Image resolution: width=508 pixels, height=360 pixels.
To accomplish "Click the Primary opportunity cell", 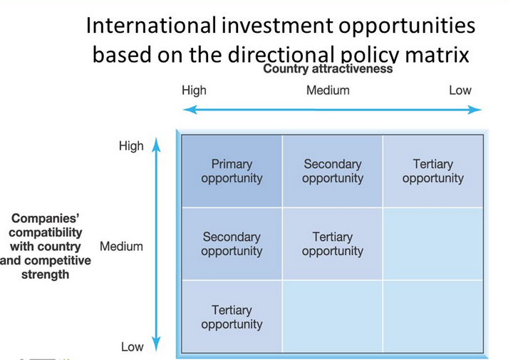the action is (x=232, y=171).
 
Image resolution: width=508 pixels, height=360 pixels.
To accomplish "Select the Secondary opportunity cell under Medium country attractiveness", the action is (x=333, y=171).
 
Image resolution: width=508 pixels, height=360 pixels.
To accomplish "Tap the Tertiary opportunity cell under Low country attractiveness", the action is (x=433, y=171).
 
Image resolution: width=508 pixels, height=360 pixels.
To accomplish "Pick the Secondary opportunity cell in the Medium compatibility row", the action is (x=232, y=244).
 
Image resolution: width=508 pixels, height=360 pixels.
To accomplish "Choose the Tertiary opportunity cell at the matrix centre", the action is (x=333, y=244).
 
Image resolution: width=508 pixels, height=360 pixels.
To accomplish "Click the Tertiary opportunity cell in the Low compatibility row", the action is (x=232, y=317).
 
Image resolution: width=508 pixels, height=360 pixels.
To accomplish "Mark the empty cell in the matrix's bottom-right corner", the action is (x=433, y=317).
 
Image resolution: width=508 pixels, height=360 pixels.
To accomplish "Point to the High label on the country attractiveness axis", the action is (x=194, y=91).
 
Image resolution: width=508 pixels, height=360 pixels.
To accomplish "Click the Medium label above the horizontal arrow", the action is (x=328, y=91).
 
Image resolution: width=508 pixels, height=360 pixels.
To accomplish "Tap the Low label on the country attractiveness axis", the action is (x=460, y=91).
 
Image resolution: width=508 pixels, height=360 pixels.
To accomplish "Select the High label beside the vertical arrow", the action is (x=131, y=146).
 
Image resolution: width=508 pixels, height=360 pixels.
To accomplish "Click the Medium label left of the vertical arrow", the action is (x=121, y=247).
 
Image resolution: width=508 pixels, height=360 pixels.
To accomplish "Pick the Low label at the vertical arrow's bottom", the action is (x=133, y=347).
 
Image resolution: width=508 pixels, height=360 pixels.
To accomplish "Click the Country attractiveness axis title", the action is (x=328, y=68).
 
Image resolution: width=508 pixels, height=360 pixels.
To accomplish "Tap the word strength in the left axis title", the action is (x=45, y=274).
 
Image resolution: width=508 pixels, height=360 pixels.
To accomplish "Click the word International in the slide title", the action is (x=151, y=26).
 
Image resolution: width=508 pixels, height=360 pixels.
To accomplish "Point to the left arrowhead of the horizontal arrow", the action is (x=190, y=110).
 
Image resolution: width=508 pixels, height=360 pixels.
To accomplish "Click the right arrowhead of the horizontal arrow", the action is (x=475, y=110).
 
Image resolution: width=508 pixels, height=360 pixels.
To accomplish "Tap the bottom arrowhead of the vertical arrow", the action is (x=157, y=344).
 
